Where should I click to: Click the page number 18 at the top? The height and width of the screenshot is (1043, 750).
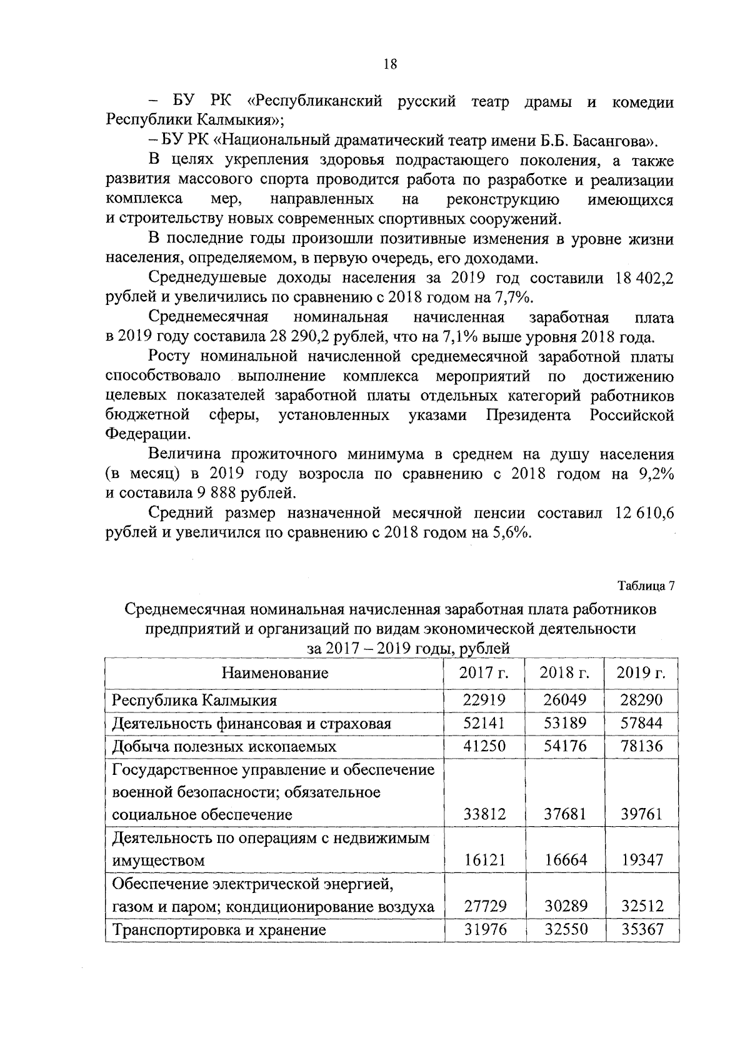coord(389,64)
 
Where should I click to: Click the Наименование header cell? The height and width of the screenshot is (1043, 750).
coord(275,673)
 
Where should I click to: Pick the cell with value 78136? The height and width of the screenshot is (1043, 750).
coord(642,746)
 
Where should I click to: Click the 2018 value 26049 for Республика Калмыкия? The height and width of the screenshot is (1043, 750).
coord(563,700)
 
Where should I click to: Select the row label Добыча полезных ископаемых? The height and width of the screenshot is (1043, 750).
coord(224,747)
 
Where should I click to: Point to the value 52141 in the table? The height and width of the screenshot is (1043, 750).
coord(484,724)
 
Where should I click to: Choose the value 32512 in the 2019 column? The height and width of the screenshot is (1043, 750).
coord(642,906)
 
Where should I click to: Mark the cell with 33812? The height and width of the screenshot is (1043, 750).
coord(484,814)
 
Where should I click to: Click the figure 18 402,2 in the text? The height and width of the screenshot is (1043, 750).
coord(645,277)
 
